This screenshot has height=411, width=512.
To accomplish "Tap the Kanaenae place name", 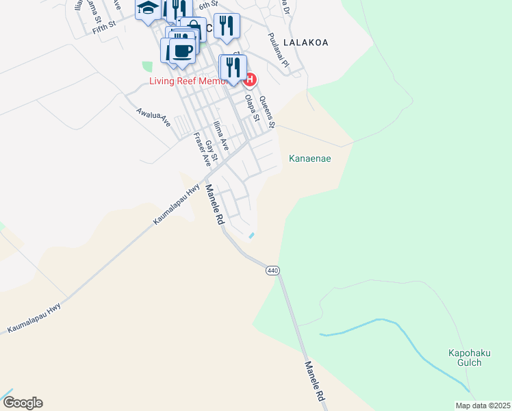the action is click(x=310, y=159).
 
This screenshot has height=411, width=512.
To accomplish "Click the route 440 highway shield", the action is click(x=272, y=271).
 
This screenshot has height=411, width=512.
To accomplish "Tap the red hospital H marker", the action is click(x=250, y=80).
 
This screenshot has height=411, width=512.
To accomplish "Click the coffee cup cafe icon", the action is click(x=182, y=51).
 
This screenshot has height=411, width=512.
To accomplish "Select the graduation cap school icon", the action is click(x=148, y=10).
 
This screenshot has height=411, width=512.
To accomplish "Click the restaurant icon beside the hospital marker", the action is click(x=233, y=67).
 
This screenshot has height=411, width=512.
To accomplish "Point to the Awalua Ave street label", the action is click(x=152, y=117).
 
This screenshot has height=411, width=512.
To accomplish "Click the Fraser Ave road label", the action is click(x=202, y=149).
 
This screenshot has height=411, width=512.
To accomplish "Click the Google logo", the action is click(x=23, y=403).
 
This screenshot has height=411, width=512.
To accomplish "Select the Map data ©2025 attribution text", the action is click(x=482, y=406).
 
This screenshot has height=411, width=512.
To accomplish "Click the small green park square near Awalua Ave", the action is click(x=147, y=66).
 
